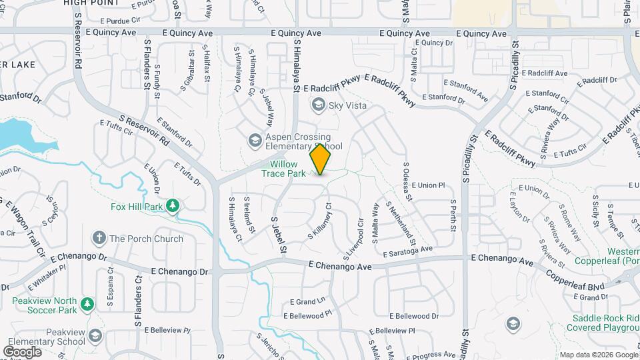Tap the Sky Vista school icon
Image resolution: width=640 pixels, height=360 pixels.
click(x=319, y=105)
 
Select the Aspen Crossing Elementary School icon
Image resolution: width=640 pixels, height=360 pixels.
click(x=254, y=141)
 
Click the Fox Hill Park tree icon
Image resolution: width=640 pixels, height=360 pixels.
click(x=173, y=206)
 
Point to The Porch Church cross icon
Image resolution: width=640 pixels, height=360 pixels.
click(x=99, y=238)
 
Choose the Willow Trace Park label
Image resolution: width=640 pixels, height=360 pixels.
click(x=288, y=169)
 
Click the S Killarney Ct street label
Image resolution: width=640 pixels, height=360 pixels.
click(x=320, y=222)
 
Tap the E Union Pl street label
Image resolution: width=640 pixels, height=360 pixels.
click(x=427, y=185)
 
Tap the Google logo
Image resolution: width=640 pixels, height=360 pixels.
click(x=23, y=351)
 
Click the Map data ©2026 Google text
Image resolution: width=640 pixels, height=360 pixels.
click(x=598, y=355)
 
